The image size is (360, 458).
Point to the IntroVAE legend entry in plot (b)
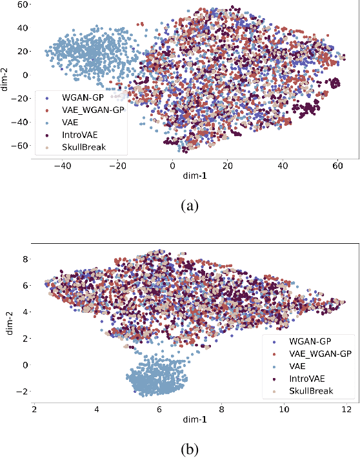[x=308, y=378]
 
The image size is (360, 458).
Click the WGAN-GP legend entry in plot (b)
[x=310, y=339]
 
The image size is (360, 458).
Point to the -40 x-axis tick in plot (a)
[x=63, y=165]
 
